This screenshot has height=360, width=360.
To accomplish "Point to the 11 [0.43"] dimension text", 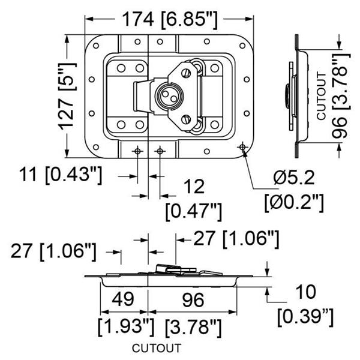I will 59,176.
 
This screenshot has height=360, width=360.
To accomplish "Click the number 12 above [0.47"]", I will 193,187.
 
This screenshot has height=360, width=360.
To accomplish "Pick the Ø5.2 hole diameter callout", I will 293,178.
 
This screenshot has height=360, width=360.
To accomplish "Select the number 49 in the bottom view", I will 124,299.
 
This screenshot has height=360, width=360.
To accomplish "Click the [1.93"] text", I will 125,327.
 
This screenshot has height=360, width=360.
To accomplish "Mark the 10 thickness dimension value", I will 305,293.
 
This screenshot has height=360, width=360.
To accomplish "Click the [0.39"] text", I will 306,316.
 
